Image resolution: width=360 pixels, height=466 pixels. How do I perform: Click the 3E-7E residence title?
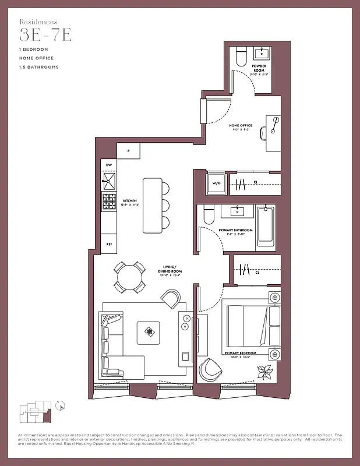tap(45, 36)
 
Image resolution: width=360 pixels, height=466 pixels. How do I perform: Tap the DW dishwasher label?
tap(108, 165)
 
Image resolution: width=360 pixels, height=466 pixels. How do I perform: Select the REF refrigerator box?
tap(108, 244)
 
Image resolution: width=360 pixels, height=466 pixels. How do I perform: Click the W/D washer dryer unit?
tap(216, 183)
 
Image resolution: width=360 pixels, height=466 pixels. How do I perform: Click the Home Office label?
tap(240, 125)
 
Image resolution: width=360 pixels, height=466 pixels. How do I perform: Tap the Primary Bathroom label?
tap(236, 230)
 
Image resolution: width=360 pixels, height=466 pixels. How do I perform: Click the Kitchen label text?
tap(129, 201)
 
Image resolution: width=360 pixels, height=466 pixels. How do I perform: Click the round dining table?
tap(129, 277)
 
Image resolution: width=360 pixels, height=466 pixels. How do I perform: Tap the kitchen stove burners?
tap(108, 203)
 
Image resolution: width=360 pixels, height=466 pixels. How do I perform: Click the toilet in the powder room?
tap(241, 57)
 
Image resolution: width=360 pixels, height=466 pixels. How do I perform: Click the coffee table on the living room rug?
tap(150, 333)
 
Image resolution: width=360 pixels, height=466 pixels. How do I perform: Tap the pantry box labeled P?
tap(128, 150)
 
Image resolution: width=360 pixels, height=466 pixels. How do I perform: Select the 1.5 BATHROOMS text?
tap(38, 67)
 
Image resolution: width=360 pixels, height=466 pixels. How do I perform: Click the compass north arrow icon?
tap(62, 403)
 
